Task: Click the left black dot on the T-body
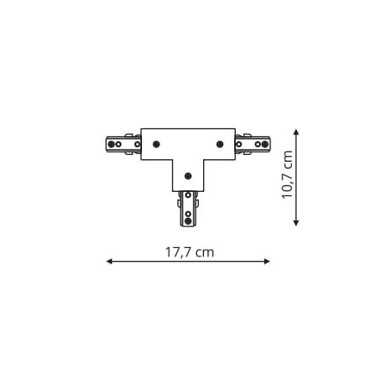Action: pos(156,144)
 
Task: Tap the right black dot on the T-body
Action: pos(220,144)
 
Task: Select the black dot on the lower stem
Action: pos(188,176)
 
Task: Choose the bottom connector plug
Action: pos(188,208)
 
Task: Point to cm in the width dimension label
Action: pos(204,252)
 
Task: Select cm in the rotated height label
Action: pos(288,160)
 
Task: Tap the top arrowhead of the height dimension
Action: pos(295,133)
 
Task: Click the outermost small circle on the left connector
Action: pos(111,144)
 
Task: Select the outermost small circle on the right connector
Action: pos(265,144)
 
